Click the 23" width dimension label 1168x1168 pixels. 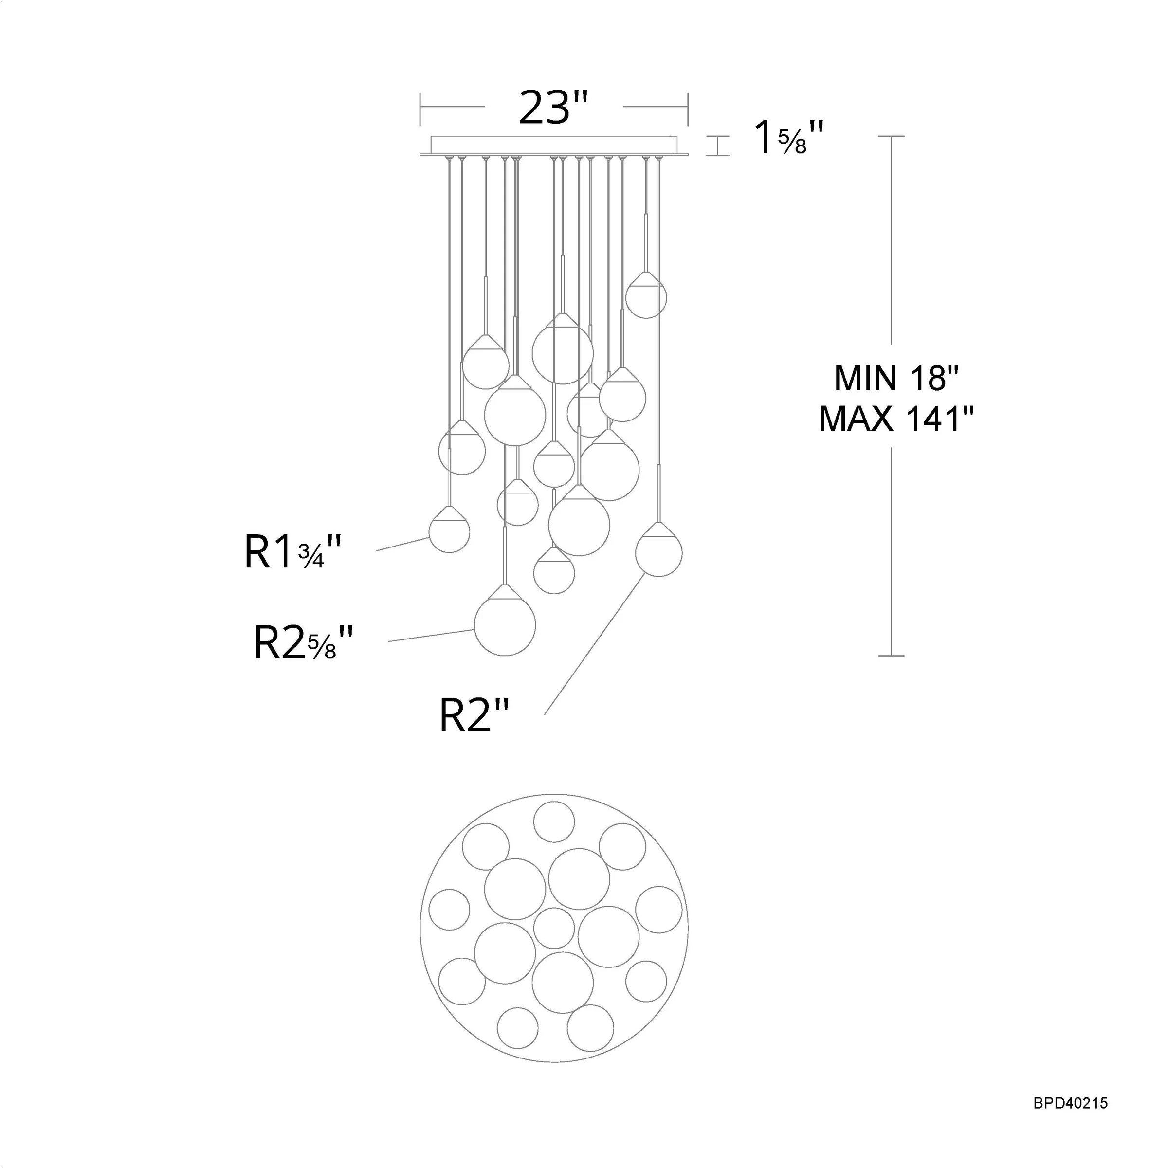[x=554, y=108]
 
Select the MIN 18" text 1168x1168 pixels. [x=896, y=379]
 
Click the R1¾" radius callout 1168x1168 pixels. [x=293, y=551]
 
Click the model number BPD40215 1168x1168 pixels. [x=1071, y=1103]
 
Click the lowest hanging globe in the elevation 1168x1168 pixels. [x=505, y=626]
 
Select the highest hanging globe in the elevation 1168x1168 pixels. [x=646, y=297]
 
